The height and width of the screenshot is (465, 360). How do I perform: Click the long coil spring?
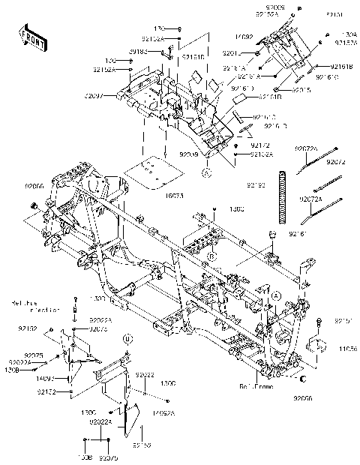click(x=283, y=197)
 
